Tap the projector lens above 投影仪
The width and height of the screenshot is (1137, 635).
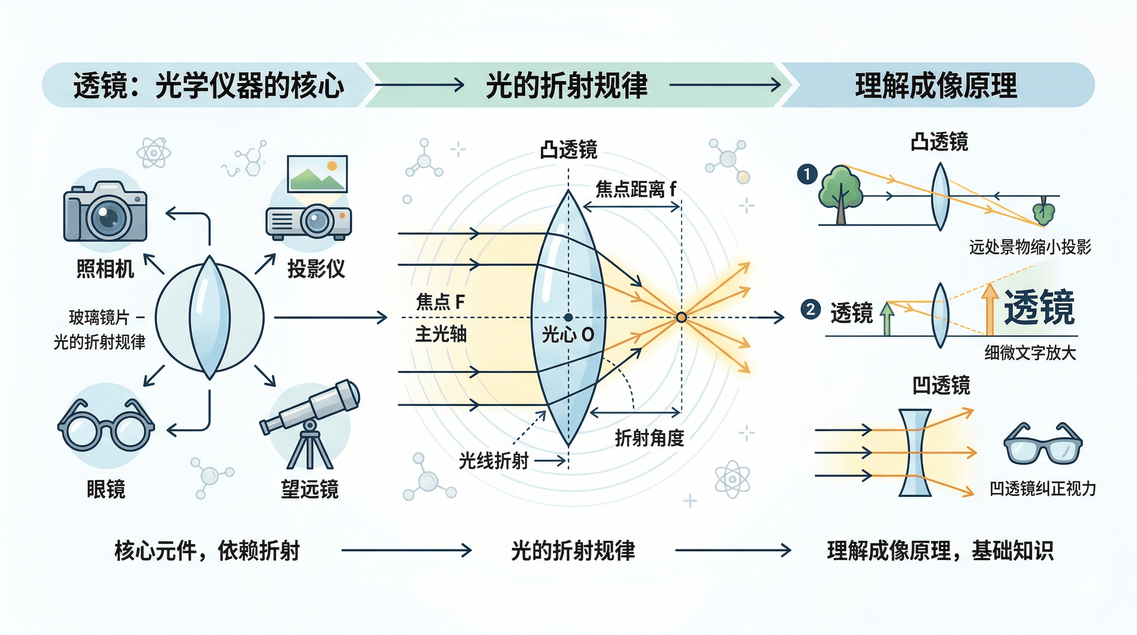(316, 220)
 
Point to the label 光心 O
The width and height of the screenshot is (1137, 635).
(568, 335)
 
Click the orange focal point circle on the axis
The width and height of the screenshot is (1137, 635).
(681, 317)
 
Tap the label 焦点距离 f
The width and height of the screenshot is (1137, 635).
(635, 189)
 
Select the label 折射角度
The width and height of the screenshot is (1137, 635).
(649, 438)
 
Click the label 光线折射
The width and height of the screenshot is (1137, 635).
(493, 461)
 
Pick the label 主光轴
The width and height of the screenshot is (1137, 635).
(440, 334)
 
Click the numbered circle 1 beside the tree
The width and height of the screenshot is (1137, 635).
(807, 174)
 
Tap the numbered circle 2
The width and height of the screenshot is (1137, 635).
(810, 309)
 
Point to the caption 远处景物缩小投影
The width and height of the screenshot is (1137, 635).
(1030, 247)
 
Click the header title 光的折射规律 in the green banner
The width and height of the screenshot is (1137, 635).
(566, 85)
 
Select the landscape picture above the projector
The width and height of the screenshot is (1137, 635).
(317, 173)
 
